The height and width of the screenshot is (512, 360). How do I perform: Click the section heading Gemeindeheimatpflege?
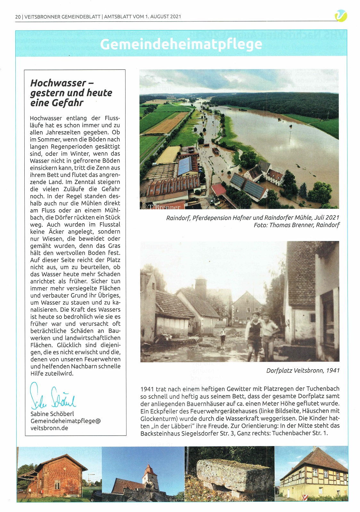coord(181,44)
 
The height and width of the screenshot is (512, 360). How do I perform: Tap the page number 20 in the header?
coord(18,17)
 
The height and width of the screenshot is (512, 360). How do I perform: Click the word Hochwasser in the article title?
coord(58,83)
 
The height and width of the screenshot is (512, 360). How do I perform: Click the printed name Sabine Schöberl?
coord(52,414)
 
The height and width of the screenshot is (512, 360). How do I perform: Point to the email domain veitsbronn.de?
coord(49,428)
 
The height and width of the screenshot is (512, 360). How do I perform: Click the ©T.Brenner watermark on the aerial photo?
coord(161,207)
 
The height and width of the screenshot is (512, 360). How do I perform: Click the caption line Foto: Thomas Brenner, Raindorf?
coord(297,225)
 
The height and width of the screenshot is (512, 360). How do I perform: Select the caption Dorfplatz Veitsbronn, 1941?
coord(303,371)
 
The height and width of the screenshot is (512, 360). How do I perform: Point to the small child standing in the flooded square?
coord(223,336)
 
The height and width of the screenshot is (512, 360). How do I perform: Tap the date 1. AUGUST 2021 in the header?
coord(163,17)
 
